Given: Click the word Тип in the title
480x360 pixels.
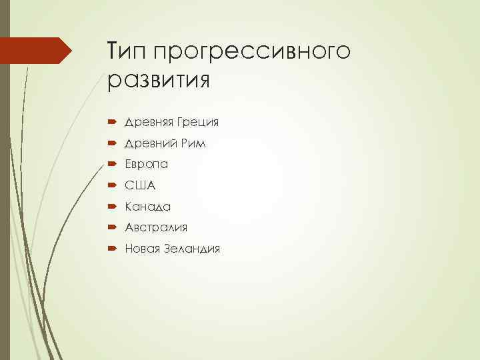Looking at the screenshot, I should click(x=126, y=51).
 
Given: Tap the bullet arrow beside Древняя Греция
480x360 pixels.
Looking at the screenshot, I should click(x=111, y=123).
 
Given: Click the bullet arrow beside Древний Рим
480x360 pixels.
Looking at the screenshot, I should click(x=111, y=144).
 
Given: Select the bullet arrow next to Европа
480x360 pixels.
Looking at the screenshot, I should click(x=111, y=165).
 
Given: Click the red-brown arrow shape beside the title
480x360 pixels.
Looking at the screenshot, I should click(x=37, y=51).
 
